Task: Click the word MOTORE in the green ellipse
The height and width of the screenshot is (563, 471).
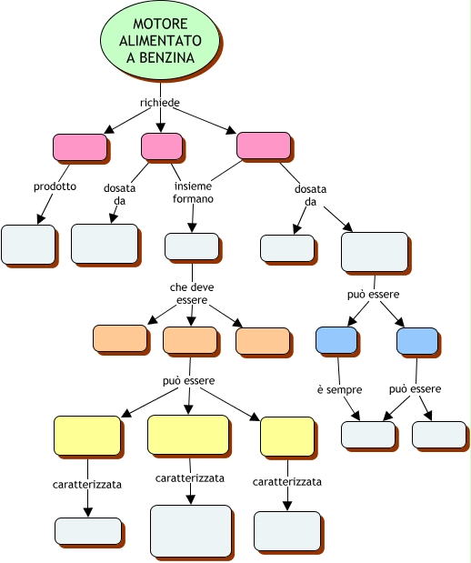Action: coord(160,24)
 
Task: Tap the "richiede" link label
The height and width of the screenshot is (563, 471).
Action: coord(160,103)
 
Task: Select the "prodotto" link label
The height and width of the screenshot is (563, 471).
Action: coord(55,186)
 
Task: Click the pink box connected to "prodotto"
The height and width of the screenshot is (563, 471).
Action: coord(80,147)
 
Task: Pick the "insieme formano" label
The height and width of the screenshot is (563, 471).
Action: coord(193,193)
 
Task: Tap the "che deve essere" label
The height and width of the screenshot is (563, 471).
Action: coord(192,294)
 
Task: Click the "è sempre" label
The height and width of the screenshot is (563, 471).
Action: coord(339,389)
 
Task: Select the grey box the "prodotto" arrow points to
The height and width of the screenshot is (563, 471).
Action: coord(28,245)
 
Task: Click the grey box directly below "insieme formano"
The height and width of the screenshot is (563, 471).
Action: coord(192,246)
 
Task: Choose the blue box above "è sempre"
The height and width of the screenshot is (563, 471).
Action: coord(336,339)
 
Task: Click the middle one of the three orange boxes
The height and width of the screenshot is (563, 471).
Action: coord(190,340)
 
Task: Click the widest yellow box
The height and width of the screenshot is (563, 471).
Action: coord(188,435)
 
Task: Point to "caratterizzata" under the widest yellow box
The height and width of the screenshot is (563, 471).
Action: coord(190,478)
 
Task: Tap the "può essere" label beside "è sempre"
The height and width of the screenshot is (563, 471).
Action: coord(415,389)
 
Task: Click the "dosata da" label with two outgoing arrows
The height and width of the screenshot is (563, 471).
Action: coord(311,196)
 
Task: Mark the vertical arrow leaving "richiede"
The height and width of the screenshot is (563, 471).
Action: coord(160,120)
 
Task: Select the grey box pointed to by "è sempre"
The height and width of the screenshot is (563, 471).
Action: coord(368,435)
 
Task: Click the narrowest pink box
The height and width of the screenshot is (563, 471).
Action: coord(162,146)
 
